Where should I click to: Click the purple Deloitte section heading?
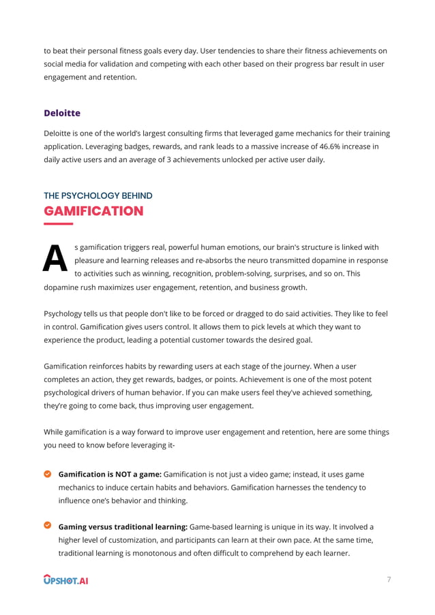point(62,113)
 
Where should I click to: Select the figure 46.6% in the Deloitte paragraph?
point(335,146)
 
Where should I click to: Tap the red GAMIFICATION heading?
point(93,211)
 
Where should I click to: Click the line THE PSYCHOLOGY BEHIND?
point(97,195)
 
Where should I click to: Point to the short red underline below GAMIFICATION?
point(58,223)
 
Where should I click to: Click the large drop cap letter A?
point(55,259)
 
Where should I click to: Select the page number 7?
point(389,580)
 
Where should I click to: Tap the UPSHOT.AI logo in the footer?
point(66,580)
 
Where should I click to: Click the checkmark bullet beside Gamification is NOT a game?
point(48,473)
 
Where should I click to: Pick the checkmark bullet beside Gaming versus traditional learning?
point(48,526)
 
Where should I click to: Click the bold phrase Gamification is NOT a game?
point(110,474)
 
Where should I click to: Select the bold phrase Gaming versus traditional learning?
point(123,526)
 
